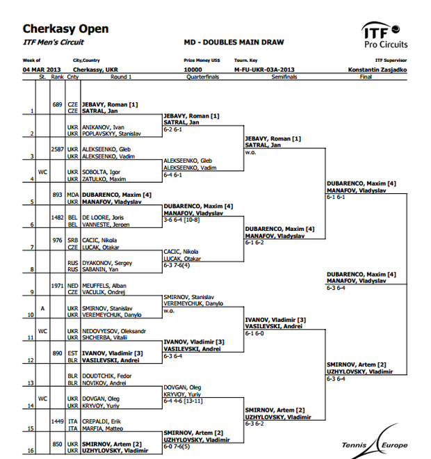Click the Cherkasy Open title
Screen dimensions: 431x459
[x=65, y=29]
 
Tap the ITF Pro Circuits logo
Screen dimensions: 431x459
[x=384, y=35]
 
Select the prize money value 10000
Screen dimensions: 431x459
[x=193, y=70]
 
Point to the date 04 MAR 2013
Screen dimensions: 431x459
[x=42, y=70]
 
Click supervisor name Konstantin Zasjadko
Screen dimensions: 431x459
[x=377, y=70]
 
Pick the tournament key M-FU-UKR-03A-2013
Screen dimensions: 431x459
[x=264, y=70]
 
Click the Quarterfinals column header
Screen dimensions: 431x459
[x=203, y=76]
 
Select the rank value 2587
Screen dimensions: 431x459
[x=57, y=150]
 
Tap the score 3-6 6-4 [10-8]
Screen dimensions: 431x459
[x=181, y=220]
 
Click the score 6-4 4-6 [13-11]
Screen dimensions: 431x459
[x=183, y=401]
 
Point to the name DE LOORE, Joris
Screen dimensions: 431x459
[x=103, y=218]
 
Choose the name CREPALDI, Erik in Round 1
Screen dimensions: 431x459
[x=101, y=421]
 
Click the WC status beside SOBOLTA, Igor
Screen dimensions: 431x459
[x=42, y=172]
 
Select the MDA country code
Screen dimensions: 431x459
[x=73, y=195]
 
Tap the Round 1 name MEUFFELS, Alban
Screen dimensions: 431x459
[x=104, y=286]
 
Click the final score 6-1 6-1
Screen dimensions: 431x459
[x=336, y=197]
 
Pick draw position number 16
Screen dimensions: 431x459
[x=31, y=451]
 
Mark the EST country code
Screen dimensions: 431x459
[x=73, y=353]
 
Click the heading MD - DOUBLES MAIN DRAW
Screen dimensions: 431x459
[x=234, y=42]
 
